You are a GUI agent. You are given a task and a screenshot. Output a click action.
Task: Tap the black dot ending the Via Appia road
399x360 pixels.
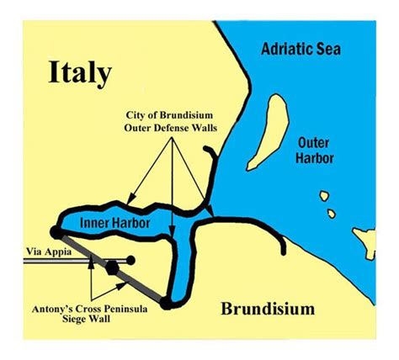132,261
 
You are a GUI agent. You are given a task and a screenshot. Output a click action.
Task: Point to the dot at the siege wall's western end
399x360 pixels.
56,232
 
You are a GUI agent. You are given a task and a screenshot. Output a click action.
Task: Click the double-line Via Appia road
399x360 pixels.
76,262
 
